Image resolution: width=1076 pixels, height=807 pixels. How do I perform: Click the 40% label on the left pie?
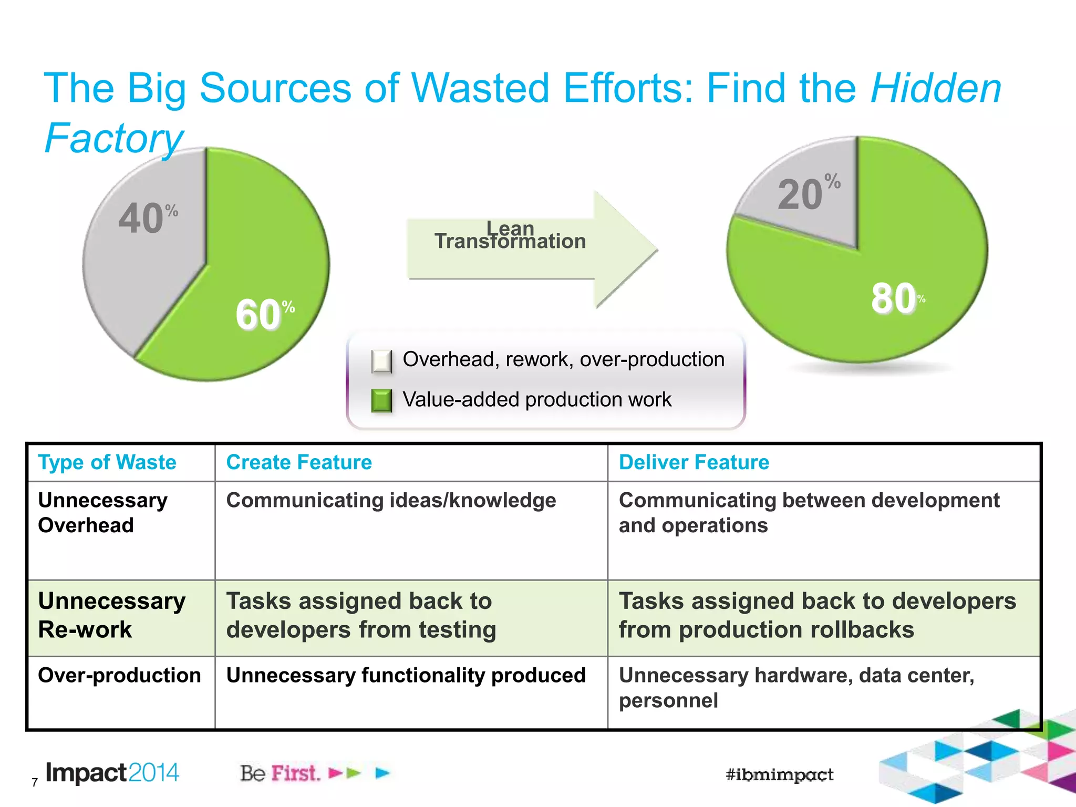148,218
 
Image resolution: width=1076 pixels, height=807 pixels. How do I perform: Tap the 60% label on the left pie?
264,314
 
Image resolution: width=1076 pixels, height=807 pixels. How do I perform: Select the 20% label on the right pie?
808,193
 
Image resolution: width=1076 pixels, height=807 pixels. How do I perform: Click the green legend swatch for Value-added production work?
381,400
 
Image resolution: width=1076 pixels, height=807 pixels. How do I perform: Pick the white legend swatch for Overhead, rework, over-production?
381,361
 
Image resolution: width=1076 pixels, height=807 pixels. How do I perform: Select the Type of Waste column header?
107,462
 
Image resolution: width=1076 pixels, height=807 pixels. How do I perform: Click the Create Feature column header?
299,462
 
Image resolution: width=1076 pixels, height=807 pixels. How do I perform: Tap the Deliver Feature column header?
694,462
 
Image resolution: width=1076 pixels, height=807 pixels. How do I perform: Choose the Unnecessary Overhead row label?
103,513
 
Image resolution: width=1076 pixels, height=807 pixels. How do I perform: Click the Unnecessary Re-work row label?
111,615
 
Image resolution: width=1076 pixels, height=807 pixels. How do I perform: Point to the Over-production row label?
119,676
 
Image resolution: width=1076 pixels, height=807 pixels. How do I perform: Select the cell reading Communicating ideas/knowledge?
391,501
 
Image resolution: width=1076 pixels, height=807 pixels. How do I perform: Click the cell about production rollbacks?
817,615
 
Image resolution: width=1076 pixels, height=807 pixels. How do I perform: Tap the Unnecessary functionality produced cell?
406,676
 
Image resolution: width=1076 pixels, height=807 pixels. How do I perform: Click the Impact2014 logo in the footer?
112,773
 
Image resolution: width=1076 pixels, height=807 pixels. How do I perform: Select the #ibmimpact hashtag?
779,774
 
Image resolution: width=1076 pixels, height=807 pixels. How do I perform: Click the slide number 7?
35,782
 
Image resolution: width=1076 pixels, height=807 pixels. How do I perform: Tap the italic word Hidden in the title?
936,88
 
